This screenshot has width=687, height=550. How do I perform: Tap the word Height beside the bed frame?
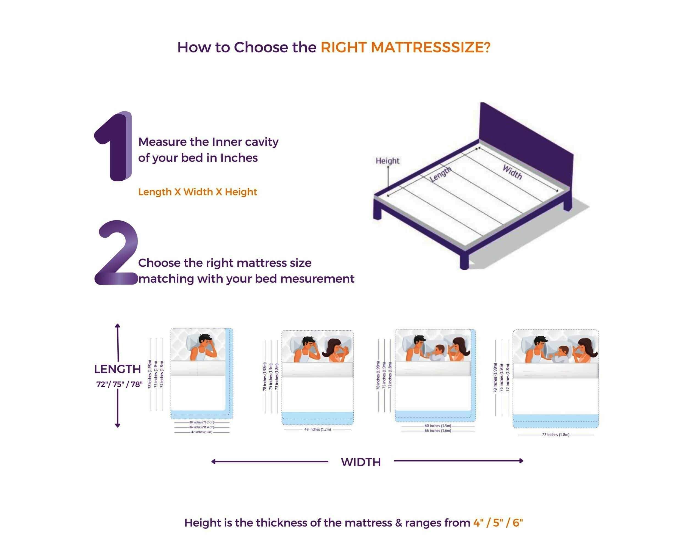[x=387, y=161]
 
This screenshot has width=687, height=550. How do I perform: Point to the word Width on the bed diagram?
[x=512, y=172]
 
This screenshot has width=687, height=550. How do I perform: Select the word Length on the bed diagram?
[x=441, y=174]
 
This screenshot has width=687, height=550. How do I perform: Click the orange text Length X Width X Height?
[x=198, y=192]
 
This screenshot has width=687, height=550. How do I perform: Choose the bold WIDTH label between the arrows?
[x=361, y=462]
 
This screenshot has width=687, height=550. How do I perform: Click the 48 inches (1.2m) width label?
[x=317, y=430]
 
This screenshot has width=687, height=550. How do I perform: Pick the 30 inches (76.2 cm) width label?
[x=201, y=422]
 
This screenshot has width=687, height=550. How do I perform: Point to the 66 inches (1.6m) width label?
[x=437, y=431]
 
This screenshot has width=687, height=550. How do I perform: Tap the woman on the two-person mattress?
[x=336, y=351]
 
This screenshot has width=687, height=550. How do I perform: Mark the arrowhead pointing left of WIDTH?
[x=213, y=461]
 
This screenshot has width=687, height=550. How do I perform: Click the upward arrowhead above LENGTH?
[x=118, y=326]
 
